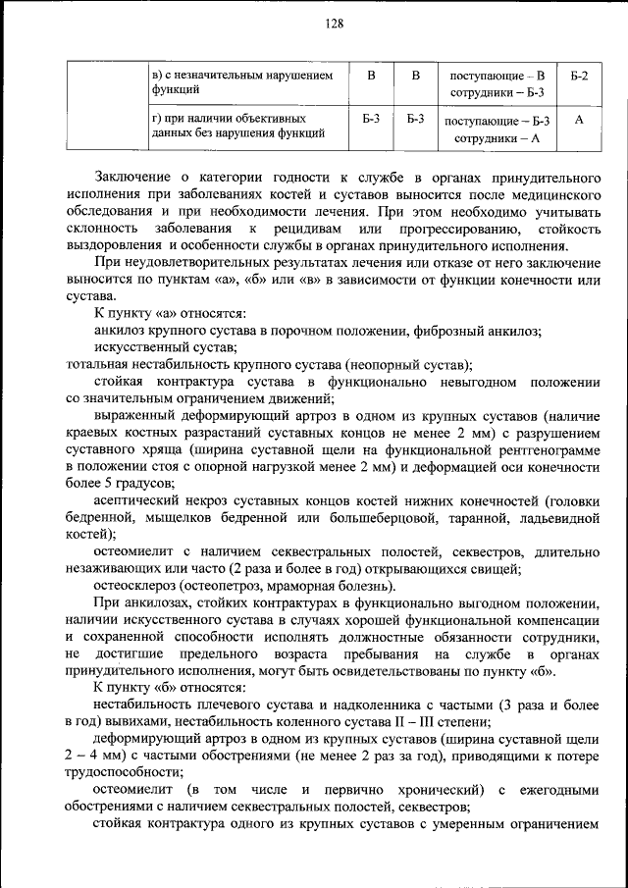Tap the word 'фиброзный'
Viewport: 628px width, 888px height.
[443, 331]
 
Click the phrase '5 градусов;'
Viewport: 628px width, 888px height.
[137, 483]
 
